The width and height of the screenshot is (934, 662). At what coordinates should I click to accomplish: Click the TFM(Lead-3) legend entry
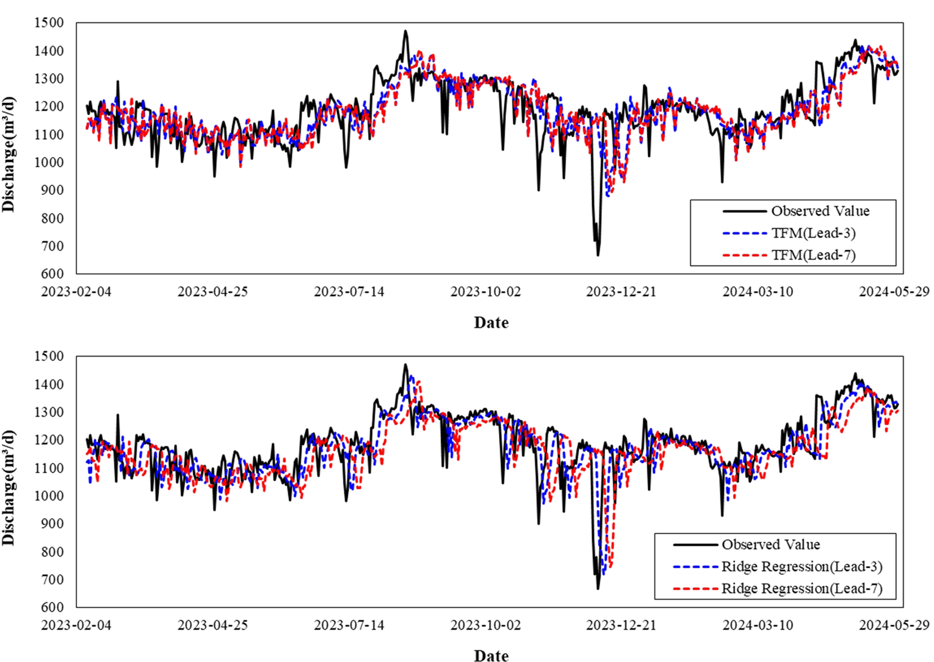813,233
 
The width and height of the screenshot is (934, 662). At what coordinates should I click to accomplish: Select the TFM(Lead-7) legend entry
813,255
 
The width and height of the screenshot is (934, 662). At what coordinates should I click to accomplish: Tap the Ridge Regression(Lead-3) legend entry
801,567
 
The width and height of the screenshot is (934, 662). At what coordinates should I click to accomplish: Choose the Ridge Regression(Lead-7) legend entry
801,589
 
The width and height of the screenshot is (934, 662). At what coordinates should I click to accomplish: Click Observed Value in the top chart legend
820,211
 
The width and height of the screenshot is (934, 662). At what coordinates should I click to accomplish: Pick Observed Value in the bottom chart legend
770,545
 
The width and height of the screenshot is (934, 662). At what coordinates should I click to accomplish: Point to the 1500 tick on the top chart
49,23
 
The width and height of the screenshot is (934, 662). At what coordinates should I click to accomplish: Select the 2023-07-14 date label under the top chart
349,292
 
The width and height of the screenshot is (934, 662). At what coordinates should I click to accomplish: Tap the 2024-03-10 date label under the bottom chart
758,625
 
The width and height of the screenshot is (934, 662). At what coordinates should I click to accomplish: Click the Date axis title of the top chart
491,323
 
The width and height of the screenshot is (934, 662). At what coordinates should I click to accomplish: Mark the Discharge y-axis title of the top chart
8,154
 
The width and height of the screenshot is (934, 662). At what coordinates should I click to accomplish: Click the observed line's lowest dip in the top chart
598,255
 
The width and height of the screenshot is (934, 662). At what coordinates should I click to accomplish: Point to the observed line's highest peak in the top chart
405,31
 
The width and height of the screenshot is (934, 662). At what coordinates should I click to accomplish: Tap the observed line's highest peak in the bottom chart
405,364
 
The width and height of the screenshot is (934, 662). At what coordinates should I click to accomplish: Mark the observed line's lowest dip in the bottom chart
598,589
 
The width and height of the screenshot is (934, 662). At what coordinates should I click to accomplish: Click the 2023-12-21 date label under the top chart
621,292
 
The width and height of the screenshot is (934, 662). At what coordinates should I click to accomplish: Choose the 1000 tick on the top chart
49,163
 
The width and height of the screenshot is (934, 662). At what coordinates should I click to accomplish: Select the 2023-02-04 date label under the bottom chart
76,625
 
